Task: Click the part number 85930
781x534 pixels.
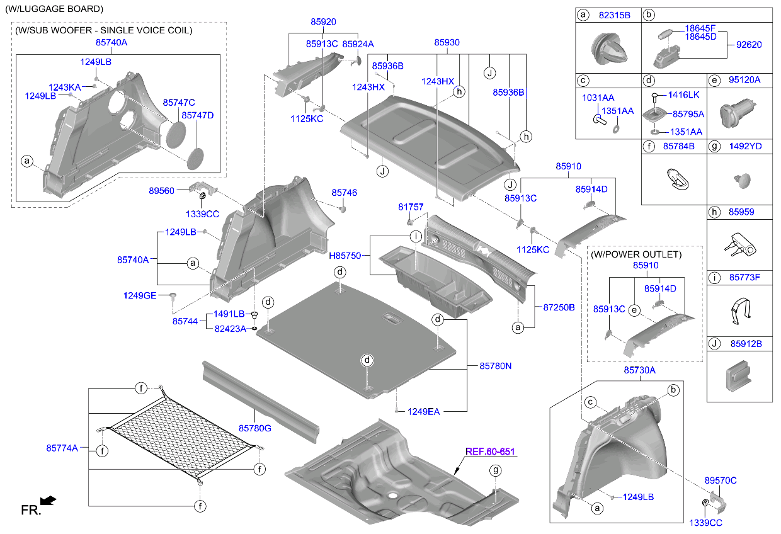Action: [447, 42]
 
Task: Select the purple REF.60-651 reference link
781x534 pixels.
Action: [490, 452]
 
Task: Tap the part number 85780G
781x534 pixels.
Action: [254, 428]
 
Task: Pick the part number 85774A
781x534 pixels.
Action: [62, 448]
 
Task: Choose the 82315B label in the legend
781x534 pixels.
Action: [614, 15]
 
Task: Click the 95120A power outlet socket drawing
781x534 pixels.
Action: [737, 113]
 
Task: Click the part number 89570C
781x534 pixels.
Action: [721, 480]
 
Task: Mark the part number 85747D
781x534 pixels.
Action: [198, 115]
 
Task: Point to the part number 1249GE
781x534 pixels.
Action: [140, 295]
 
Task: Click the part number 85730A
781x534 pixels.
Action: [639, 370]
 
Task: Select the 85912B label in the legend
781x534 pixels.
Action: [746, 344]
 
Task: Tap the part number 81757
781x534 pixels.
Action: [411, 207]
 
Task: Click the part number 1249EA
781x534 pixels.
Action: [423, 411]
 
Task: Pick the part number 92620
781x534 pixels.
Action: [749, 45]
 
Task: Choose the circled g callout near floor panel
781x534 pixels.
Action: [496, 470]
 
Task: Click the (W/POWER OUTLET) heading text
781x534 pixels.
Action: [636, 254]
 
